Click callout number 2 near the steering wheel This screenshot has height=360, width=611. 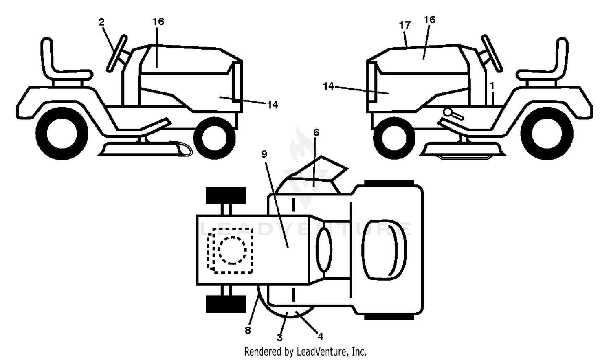pos(101,22)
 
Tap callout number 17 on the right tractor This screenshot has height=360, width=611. pos(405,25)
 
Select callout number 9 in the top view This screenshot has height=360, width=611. pos(264,154)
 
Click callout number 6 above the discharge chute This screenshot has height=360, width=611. pos(316,132)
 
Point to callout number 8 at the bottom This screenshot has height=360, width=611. pos(248,331)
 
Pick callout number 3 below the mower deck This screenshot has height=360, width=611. pos(279,338)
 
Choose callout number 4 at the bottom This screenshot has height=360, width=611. pos(321,337)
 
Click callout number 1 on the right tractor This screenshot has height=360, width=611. pos(492,86)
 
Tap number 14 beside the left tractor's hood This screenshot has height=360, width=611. pos(273,105)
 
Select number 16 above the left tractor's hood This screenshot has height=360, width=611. pos(158,22)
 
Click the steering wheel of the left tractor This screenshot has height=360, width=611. pos(117,53)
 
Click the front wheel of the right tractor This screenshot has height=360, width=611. pos(394,138)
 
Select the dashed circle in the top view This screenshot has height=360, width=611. pos(233,250)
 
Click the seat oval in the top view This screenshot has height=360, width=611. pos(384,250)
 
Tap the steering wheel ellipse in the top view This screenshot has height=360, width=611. pos(324,250)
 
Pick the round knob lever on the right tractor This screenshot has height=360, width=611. pos(453,114)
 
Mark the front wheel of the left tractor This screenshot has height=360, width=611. pos(214,138)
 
